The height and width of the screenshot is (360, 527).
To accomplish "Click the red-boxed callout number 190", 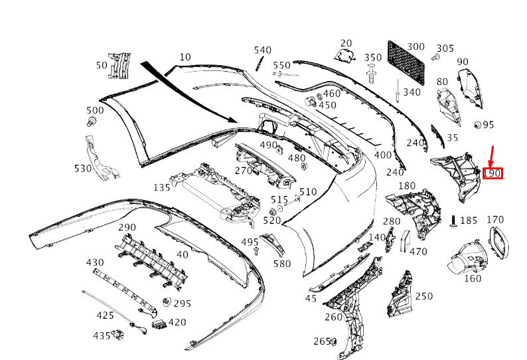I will pyautogui.click(x=492, y=173).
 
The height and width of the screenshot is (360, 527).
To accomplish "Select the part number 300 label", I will pyautogui.click(x=415, y=46).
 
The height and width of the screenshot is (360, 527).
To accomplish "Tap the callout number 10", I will pyautogui.click(x=185, y=57).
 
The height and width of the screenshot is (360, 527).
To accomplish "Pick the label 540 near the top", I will pyautogui.click(x=263, y=50).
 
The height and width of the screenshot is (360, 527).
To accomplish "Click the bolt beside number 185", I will pyautogui.click(x=453, y=221).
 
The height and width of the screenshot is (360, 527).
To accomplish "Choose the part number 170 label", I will pyautogui.click(x=495, y=220).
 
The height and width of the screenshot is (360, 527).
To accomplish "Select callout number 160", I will pyautogui.click(x=473, y=278).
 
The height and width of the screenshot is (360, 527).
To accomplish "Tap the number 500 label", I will pyautogui.click(x=95, y=110).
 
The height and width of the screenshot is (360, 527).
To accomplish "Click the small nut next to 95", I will pyautogui.click(x=477, y=125).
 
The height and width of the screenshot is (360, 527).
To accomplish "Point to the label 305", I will pyautogui.click(x=445, y=48).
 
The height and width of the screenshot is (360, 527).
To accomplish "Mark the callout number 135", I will pyautogui.click(x=162, y=188).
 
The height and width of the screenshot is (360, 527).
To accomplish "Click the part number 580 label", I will pyautogui.click(x=282, y=264).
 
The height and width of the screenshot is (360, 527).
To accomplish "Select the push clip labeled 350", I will pyautogui.click(x=372, y=72).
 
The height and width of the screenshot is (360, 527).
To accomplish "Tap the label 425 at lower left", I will pyautogui.click(x=106, y=315).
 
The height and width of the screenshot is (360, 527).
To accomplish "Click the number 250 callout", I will pyautogui.click(x=423, y=296).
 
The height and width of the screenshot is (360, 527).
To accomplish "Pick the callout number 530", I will pyautogui.click(x=83, y=169).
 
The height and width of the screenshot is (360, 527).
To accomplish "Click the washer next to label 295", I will pyautogui.click(x=167, y=303).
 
